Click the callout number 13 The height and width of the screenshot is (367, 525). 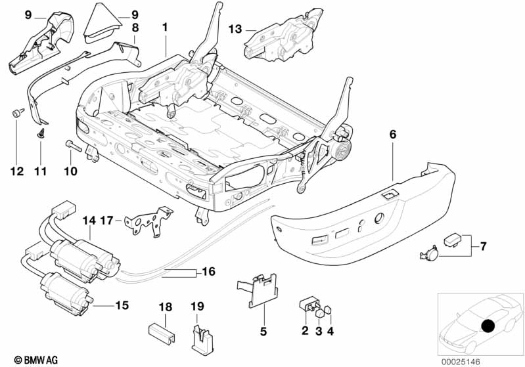[x=235, y=29]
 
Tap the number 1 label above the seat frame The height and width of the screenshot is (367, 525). [x=166, y=28]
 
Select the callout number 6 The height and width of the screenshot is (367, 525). [x=393, y=135]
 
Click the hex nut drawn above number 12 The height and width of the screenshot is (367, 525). [x=15, y=114]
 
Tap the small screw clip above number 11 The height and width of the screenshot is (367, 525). [x=39, y=133]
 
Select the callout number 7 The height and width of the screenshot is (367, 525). [x=483, y=247]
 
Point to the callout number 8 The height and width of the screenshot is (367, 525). [x=135, y=28]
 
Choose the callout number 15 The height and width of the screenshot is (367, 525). [x=122, y=305]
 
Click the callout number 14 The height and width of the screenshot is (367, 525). [x=89, y=221]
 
